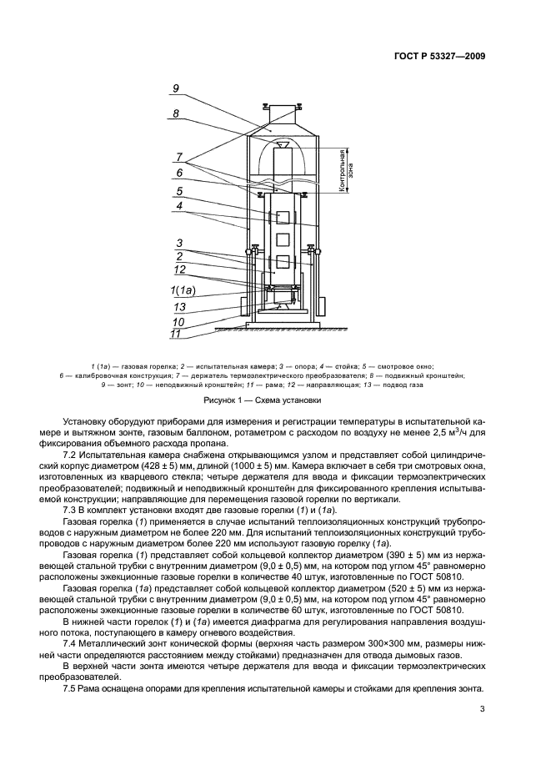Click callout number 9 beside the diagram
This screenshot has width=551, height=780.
click(x=176, y=88)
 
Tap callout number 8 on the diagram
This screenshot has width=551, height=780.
click(x=176, y=113)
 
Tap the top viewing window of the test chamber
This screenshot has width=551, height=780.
click(x=283, y=218)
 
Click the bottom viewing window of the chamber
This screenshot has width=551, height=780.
click(x=283, y=262)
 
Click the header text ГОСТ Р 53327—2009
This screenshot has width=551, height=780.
click(x=439, y=56)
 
